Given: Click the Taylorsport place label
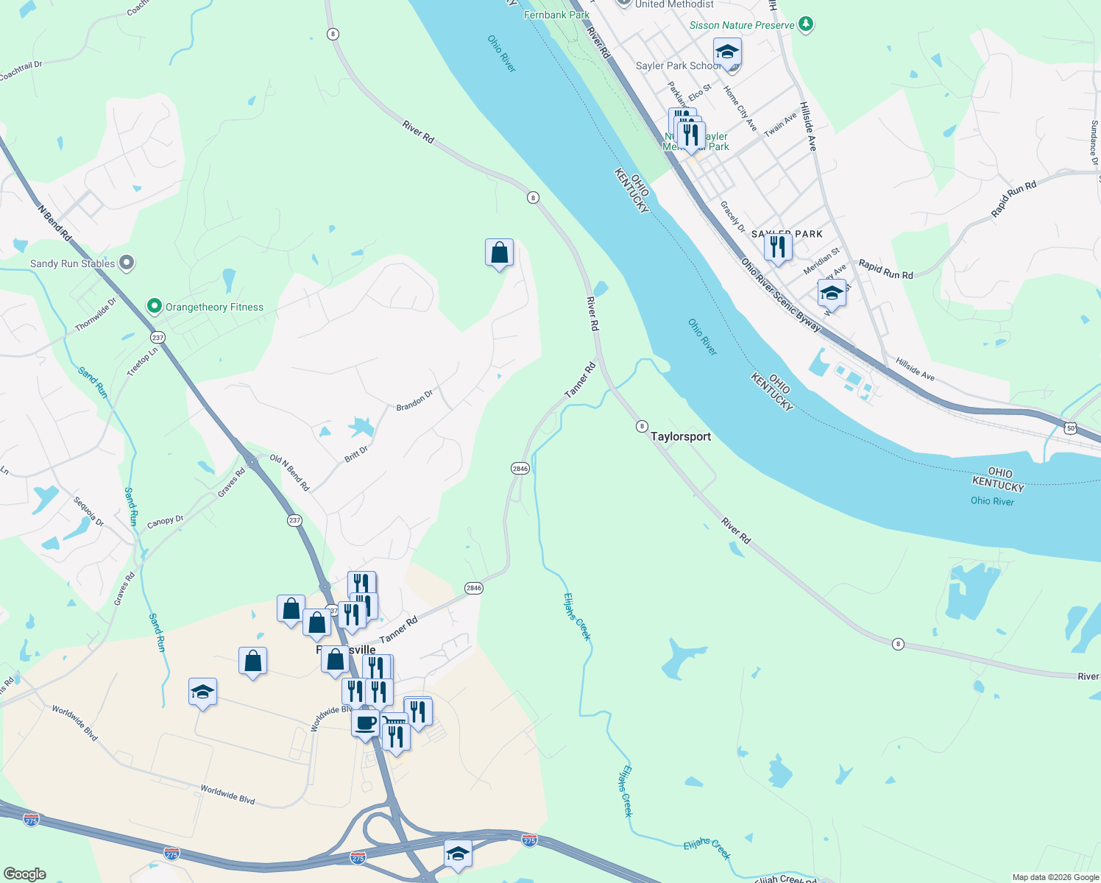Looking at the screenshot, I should (681, 436).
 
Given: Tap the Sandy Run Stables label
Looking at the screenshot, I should (72, 263).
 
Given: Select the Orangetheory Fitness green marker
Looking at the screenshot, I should (154, 306).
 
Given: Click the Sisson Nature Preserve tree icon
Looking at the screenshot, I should (806, 24).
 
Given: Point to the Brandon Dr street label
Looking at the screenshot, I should (414, 401).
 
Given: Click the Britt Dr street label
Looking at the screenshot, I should (356, 454).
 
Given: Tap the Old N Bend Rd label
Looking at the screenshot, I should (290, 472).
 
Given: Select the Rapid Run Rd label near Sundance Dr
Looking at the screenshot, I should (1013, 199).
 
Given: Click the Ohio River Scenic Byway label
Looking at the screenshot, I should (780, 294).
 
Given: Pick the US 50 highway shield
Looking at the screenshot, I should (1071, 428).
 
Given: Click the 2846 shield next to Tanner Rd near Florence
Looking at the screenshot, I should (473, 587).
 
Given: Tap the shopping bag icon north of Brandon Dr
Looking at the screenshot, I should (499, 253).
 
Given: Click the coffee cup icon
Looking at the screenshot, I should (365, 723).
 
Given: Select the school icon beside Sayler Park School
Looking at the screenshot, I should (727, 53).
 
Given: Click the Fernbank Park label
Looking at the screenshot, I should (556, 15).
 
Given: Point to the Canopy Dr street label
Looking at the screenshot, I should (166, 521).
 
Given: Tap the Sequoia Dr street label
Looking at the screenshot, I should (89, 511).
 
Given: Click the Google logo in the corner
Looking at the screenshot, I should (24, 873).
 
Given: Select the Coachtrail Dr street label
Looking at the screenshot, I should (21, 71).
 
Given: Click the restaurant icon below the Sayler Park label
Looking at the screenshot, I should (777, 247).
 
